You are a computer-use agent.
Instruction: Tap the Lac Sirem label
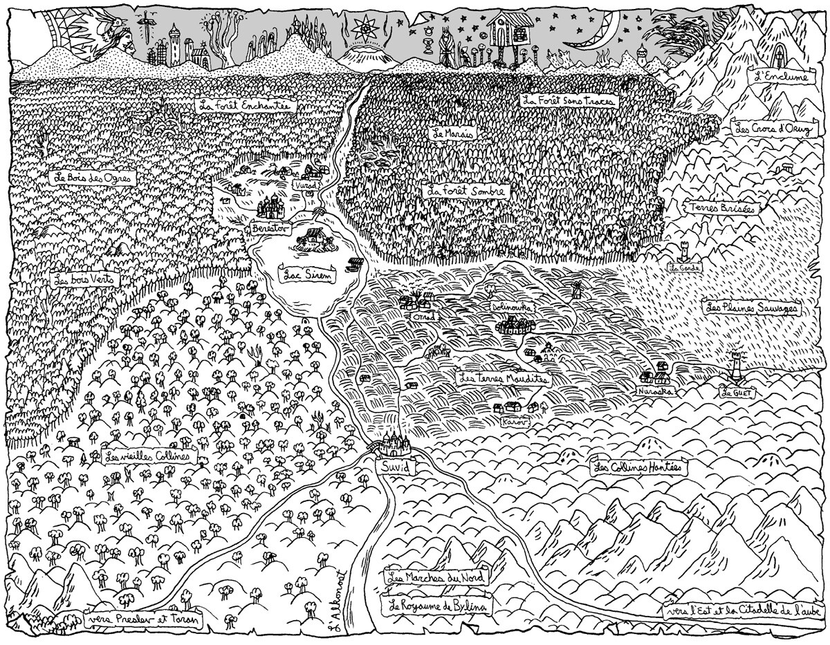[x=305, y=273]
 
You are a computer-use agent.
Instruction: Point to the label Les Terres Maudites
[x=504, y=380]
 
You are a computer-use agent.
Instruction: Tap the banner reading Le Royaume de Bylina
[x=437, y=606]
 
